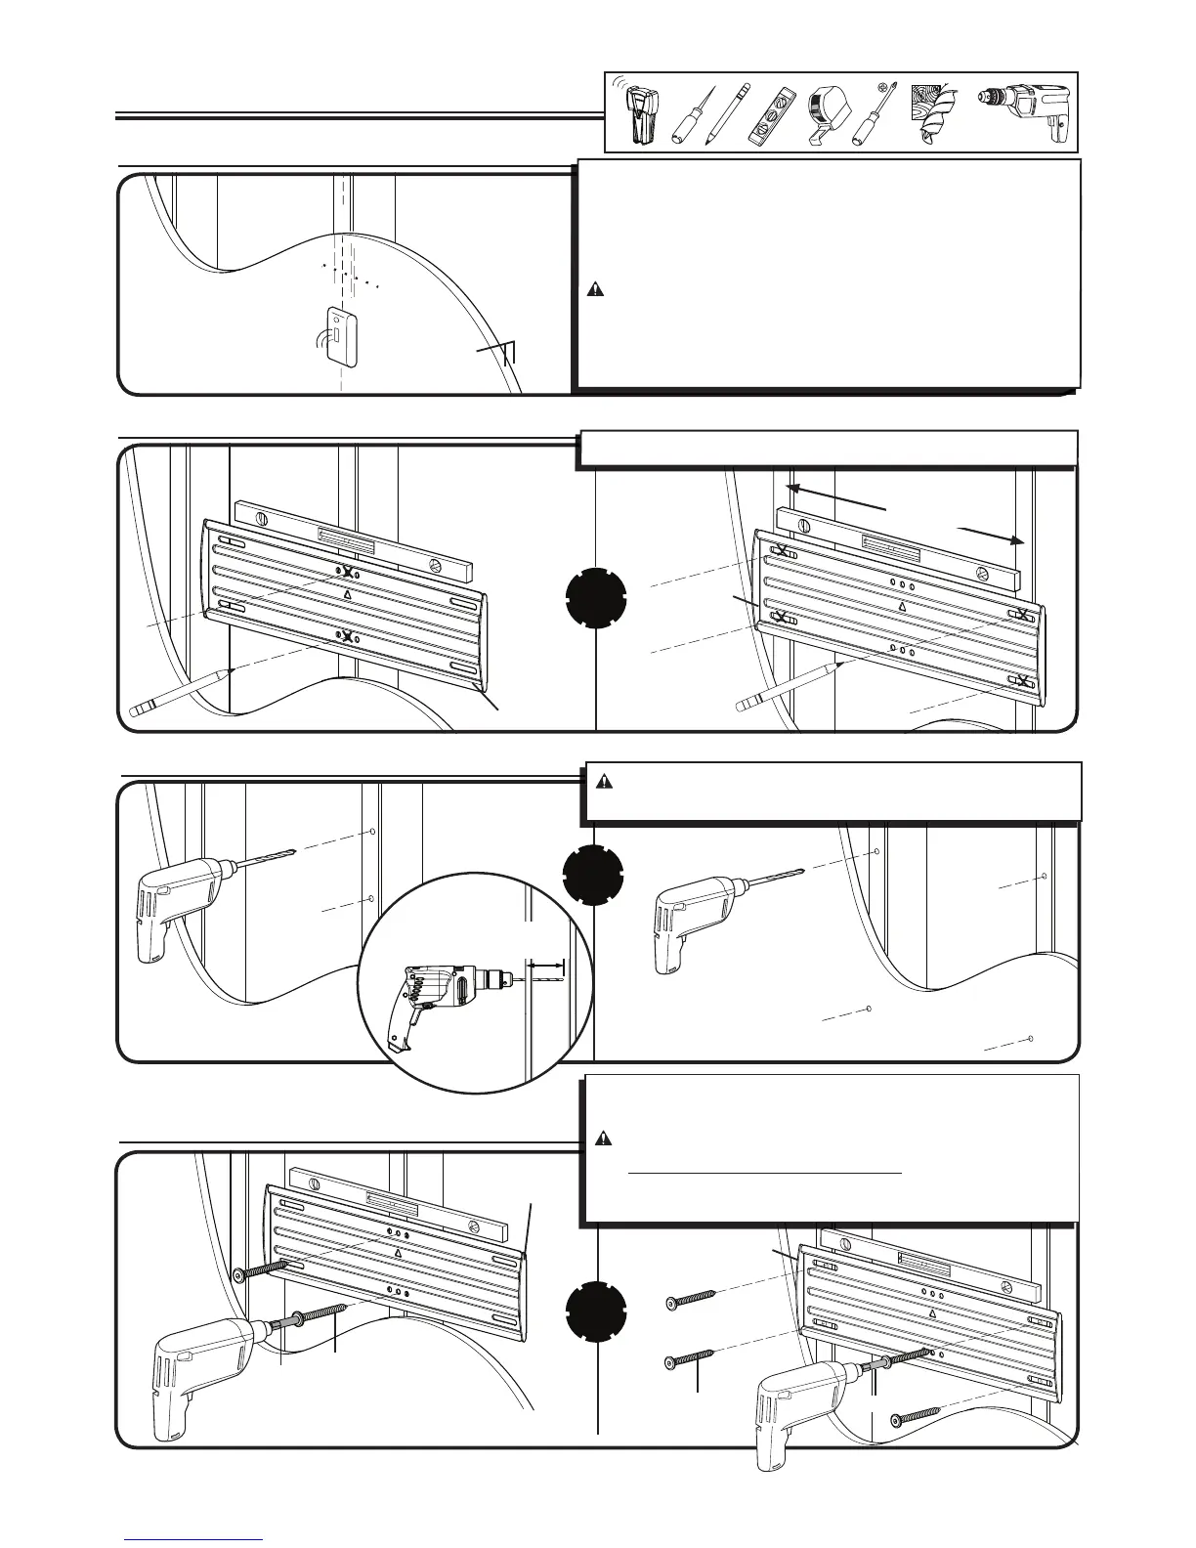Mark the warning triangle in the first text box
(594, 290)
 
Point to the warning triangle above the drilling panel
(605, 782)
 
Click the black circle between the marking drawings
(596, 600)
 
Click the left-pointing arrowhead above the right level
(793, 486)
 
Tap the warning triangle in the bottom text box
(604, 1139)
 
